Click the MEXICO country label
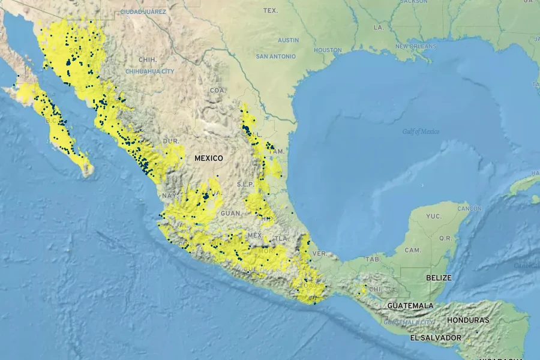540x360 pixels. [208, 158]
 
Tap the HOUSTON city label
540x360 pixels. [327, 50]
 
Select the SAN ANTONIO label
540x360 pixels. [275, 56]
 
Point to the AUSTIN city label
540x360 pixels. [288, 40]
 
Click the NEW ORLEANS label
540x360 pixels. [415, 46]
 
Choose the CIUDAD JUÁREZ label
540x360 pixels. [144, 11]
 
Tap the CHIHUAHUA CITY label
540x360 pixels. [149, 71]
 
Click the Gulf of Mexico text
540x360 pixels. [421, 131]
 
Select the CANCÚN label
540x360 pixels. [469, 208]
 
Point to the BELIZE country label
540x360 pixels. [438, 278]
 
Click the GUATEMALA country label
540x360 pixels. [410, 305]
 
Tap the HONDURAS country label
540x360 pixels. [468, 320]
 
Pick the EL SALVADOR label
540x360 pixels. [436, 338]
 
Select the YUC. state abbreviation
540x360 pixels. [433, 216]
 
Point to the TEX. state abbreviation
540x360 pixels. [271, 10]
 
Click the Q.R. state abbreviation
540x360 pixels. [445, 238]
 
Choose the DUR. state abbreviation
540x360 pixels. [172, 141]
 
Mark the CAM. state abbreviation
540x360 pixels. [412, 250]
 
